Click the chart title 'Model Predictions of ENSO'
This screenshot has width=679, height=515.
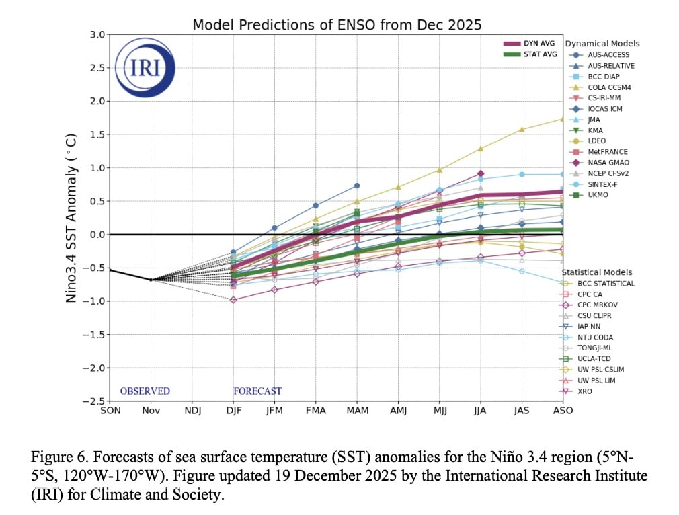pos(337,25)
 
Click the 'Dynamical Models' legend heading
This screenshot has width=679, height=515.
pos(602,44)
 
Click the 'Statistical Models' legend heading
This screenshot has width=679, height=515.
pos(598,272)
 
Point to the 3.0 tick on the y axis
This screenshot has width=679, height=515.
pos(97,34)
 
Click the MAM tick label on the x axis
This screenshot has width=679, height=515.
pos(357,411)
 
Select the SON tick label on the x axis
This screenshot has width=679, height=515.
pos(110,411)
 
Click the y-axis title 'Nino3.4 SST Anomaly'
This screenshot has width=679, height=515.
pos(71,218)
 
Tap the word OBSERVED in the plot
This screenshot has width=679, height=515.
pos(145,391)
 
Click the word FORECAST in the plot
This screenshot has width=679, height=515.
pos(257,391)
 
